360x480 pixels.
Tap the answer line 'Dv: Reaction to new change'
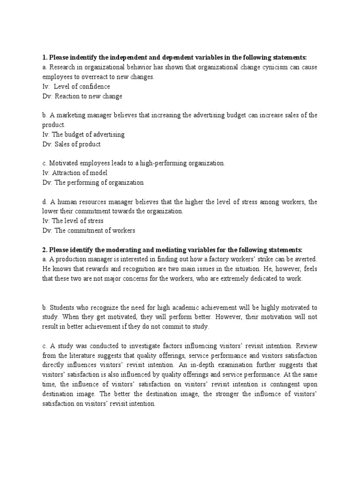pyautogui.click(x=82, y=96)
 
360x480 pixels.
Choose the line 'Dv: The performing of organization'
pyautogui.click(x=93, y=182)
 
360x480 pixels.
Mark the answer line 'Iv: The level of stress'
pyautogui.click(x=73, y=221)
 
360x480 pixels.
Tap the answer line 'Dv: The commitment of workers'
pyautogui.click(x=89, y=230)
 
